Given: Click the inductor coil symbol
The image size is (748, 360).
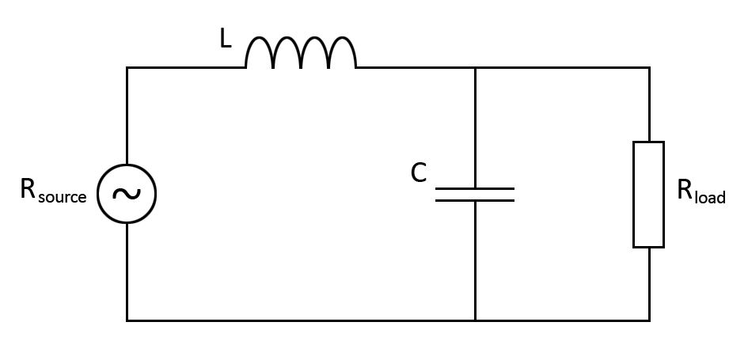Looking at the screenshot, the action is [x=301, y=54].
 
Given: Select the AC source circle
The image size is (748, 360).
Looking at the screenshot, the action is [x=126, y=193].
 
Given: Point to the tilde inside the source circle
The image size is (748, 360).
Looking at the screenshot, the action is [x=126, y=193].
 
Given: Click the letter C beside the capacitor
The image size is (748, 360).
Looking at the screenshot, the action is [x=419, y=173].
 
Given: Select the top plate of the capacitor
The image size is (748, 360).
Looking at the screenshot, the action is [x=475, y=188].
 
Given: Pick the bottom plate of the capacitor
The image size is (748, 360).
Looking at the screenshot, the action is [x=475, y=200].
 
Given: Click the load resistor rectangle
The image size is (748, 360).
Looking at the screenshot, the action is [x=649, y=195].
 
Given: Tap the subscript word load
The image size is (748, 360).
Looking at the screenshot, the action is [x=710, y=197].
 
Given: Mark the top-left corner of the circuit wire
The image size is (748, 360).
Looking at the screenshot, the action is [x=127, y=68].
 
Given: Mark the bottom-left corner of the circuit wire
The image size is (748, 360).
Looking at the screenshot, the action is [x=127, y=320].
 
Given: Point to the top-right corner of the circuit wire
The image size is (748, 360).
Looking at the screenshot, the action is [x=650, y=68].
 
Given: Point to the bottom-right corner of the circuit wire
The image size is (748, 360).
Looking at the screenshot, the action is [x=650, y=320].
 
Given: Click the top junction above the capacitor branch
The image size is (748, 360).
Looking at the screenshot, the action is [x=475, y=68].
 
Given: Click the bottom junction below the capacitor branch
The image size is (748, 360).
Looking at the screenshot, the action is [x=475, y=320].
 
